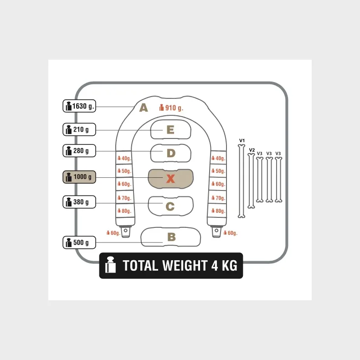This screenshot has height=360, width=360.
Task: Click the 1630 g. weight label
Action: coord(79,106)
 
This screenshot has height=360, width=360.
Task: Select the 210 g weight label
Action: coord(79,129)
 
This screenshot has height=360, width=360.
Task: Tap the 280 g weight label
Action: coord(79,151)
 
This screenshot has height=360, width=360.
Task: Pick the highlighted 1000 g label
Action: coord(79,177)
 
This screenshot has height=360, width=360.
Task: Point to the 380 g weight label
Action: coord(79,202)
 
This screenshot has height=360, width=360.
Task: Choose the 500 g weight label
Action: coord(79,242)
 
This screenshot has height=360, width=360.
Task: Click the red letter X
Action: coord(170,179)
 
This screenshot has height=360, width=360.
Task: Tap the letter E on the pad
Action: coord(170,130)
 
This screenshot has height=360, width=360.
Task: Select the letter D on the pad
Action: coord(170,153)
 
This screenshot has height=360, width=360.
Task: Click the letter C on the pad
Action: coord(170,206)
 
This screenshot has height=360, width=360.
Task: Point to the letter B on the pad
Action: coord(171,237)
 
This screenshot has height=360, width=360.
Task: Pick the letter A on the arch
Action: coord(144,108)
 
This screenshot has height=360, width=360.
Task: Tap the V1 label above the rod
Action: coord(242,140)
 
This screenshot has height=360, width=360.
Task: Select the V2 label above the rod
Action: coord(252,149)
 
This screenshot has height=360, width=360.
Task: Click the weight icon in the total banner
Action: coord(110,266)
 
